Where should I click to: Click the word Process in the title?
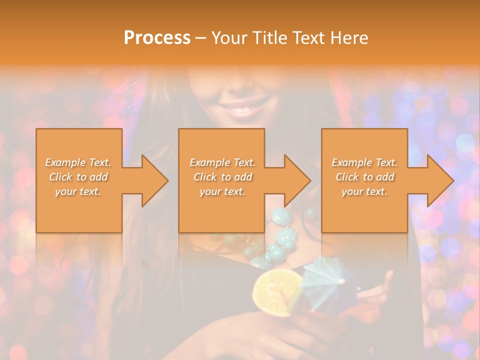(x=157, y=37)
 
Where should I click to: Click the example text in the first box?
(x=78, y=176)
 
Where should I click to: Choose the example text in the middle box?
(x=222, y=176)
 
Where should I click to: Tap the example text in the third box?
(x=364, y=176)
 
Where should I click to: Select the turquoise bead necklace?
(x=280, y=240)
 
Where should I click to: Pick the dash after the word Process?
(x=200, y=38)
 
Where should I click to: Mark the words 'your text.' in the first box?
(x=78, y=191)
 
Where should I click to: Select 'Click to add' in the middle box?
(x=222, y=177)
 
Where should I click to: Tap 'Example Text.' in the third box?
(x=364, y=162)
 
